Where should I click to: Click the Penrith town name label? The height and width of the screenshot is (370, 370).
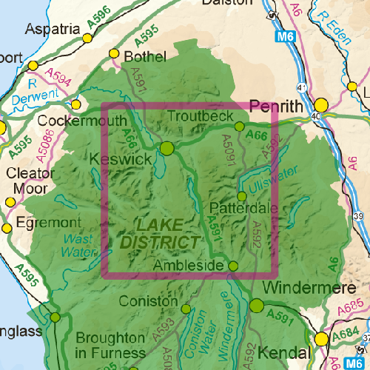(277, 107)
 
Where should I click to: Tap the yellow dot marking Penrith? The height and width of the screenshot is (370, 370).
(321, 105)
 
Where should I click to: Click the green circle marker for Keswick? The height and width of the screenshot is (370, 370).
(166, 148)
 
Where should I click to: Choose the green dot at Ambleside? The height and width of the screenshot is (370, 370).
(233, 266)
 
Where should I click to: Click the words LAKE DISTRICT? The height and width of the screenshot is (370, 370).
(159, 232)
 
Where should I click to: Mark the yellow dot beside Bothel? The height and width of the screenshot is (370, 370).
(114, 54)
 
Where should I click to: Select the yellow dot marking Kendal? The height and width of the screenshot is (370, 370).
(321, 339)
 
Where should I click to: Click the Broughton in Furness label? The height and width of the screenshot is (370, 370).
(106, 345)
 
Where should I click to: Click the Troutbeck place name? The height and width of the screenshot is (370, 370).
(201, 116)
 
